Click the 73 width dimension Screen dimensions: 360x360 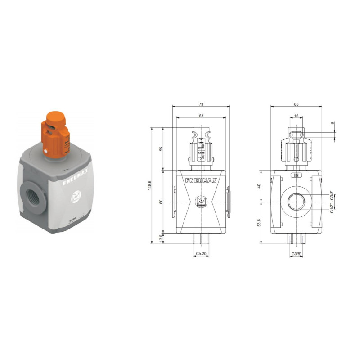click(x=201, y=104)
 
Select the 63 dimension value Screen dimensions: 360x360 click(x=201, y=116)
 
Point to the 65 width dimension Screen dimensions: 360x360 click(x=296, y=104)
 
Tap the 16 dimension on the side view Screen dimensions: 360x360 click(x=296, y=116)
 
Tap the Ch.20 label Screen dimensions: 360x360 click(x=201, y=254)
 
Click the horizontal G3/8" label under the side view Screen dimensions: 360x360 click(x=296, y=254)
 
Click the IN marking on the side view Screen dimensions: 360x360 click(x=296, y=175)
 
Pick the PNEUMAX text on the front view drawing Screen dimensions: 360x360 click(x=201, y=180)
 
